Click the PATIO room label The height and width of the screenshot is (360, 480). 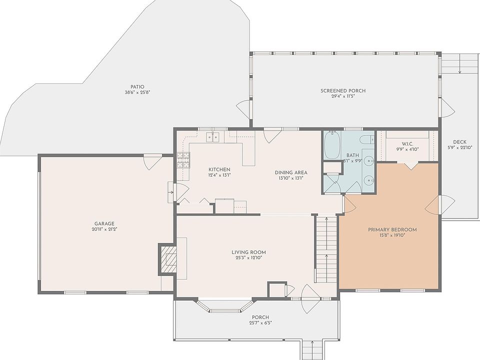click(x=137, y=87)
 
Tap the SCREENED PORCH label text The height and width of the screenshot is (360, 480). click(x=343, y=90)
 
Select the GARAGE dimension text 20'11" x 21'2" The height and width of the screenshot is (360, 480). click(x=104, y=229)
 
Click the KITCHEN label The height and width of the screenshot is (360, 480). click(x=219, y=169)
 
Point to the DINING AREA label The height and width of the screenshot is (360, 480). click(x=291, y=172)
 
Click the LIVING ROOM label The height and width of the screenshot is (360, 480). click(x=248, y=252)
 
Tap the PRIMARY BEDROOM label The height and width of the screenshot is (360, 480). click(x=392, y=229)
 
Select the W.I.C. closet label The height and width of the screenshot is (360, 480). click(x=407, y=144)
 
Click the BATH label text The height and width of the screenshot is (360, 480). click(x=352, y=155)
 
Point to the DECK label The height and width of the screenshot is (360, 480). click(x=459, y=142)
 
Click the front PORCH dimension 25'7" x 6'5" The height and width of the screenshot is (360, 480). click(x=260, y=322)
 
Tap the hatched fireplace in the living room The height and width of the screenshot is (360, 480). click(x=167, y=259)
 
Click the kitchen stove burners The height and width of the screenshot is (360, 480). click(x=183, y=160)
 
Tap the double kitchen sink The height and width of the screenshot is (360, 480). click(x=213, y=137)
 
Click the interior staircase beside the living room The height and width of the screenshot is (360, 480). click(x=327, y=249)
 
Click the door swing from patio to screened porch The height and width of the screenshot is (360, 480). click(x=243, y=109)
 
